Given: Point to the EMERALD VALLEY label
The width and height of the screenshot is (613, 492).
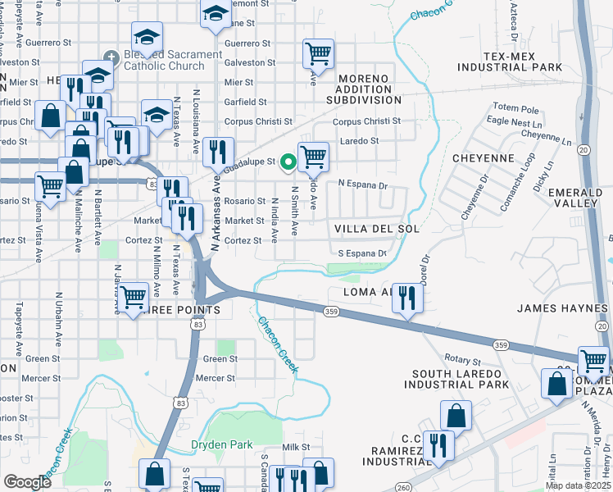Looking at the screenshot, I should click(x=581, y=198).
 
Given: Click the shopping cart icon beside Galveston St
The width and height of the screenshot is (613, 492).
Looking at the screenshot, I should click(x=318, y=54).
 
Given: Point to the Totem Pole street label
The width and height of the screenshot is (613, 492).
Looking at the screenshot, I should click(x=516, y=109).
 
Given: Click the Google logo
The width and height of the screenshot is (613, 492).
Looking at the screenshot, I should click(x=27, y=482).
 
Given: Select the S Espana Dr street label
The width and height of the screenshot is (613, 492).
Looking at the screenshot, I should click(x=361, y=253).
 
